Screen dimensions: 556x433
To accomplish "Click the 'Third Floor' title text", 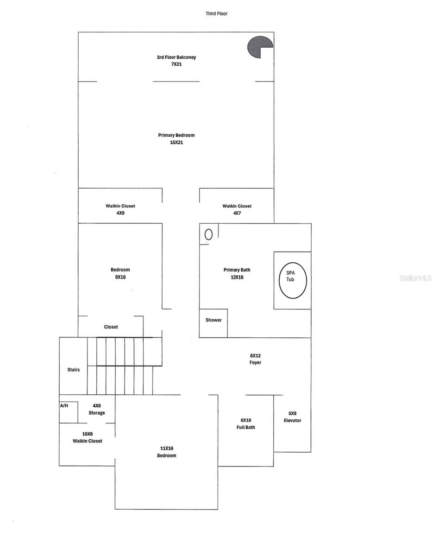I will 217,14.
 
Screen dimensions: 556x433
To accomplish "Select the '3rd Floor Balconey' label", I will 176,57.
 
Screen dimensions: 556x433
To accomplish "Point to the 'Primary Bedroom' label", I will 176,135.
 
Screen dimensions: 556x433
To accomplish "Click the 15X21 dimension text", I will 176,143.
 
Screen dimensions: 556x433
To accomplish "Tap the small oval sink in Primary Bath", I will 208,234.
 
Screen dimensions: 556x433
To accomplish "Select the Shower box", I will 213,320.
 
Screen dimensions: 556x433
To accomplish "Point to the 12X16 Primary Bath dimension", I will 237,278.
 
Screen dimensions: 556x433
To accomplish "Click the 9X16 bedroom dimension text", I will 120,277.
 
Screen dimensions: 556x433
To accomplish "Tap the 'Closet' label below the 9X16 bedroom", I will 111,327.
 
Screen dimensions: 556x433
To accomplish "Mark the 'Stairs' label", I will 73,370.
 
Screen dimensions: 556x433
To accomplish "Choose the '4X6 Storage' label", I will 96,409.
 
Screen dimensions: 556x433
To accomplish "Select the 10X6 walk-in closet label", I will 87,437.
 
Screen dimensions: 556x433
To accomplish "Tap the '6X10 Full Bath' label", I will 245,423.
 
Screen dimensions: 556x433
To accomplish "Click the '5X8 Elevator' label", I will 292,417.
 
